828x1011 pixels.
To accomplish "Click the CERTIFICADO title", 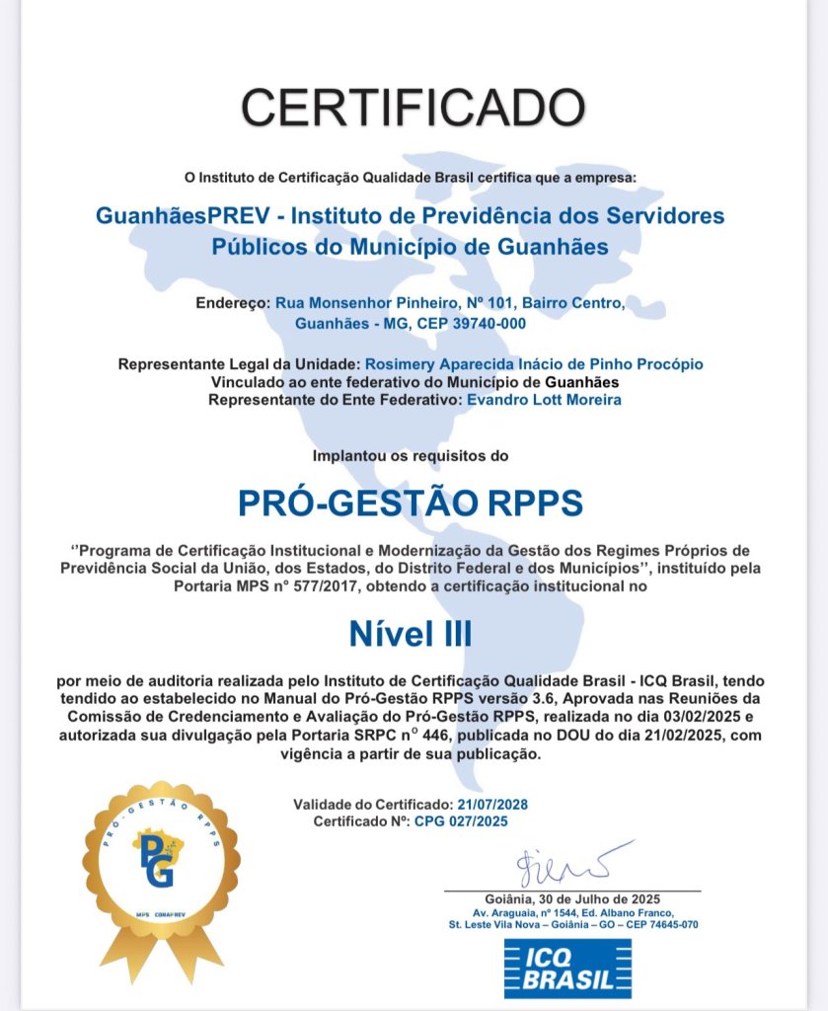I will coord(414,106).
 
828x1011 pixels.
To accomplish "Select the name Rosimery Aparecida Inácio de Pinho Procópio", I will coord(534,364).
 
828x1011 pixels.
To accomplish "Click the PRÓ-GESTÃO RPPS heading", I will coord(411,504).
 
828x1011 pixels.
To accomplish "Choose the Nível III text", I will coord(411,634).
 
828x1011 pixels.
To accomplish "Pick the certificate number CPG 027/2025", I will coord(469,820).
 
